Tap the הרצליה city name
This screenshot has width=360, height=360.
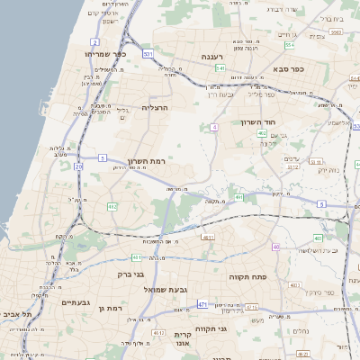point(155,107)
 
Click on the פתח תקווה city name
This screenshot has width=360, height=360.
point(245,276)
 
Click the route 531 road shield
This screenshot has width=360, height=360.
point(147,54)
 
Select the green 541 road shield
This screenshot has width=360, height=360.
point(220,67)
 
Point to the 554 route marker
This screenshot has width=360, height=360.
point(290,44)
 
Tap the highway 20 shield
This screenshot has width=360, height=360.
point(78,166)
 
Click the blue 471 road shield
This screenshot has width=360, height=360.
point(202,304)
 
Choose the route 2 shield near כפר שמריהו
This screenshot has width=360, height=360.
point(95,41)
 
